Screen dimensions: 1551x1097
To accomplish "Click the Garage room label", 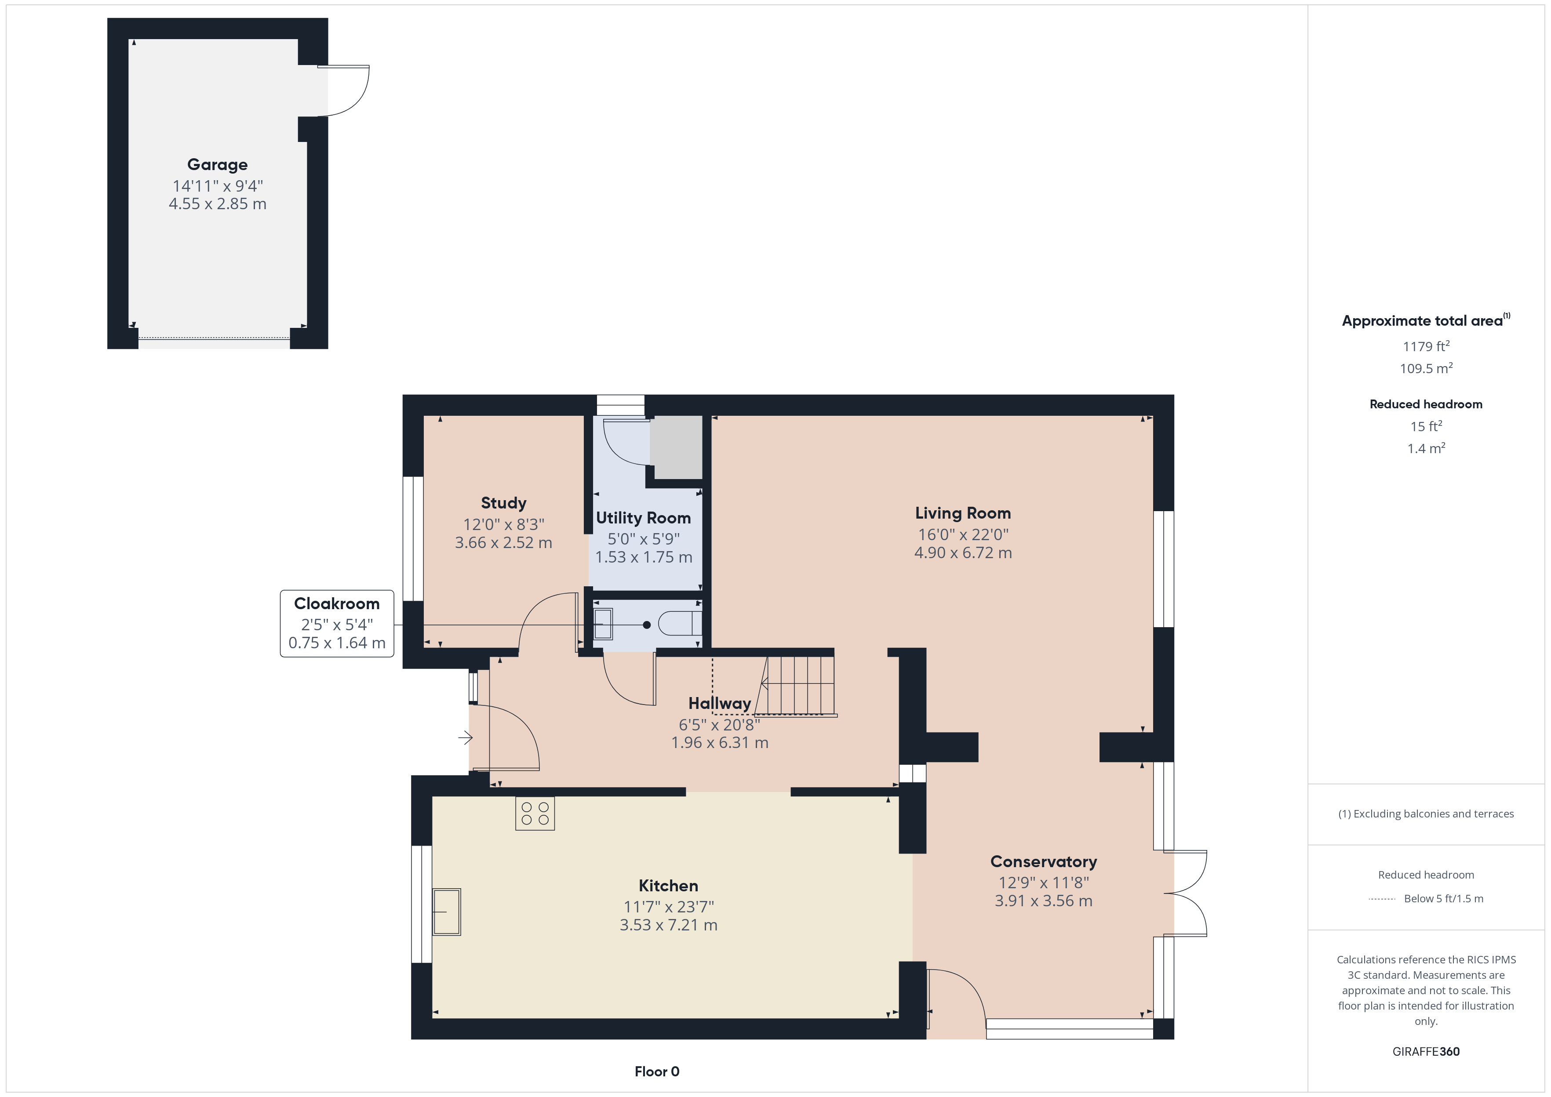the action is tap(218, 165).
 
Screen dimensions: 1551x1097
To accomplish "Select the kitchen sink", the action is tap(447, 912).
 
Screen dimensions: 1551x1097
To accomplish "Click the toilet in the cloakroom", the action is tap(680, 624).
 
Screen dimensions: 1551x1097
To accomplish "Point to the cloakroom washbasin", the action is tap(603, 624).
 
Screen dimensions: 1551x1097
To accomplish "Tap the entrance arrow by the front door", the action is tap(466, 737).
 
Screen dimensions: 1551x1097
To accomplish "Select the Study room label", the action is tap(503, 503).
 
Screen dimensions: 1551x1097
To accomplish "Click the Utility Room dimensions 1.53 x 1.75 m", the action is tap(644, 557).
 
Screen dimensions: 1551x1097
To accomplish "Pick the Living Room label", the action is tap(963, 513).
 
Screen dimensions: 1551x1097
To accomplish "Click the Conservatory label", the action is tap(1044, 862).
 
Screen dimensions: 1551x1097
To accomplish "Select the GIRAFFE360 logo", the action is tap(1426, 1052).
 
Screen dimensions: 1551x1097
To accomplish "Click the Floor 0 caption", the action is tap(657, 1072).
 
